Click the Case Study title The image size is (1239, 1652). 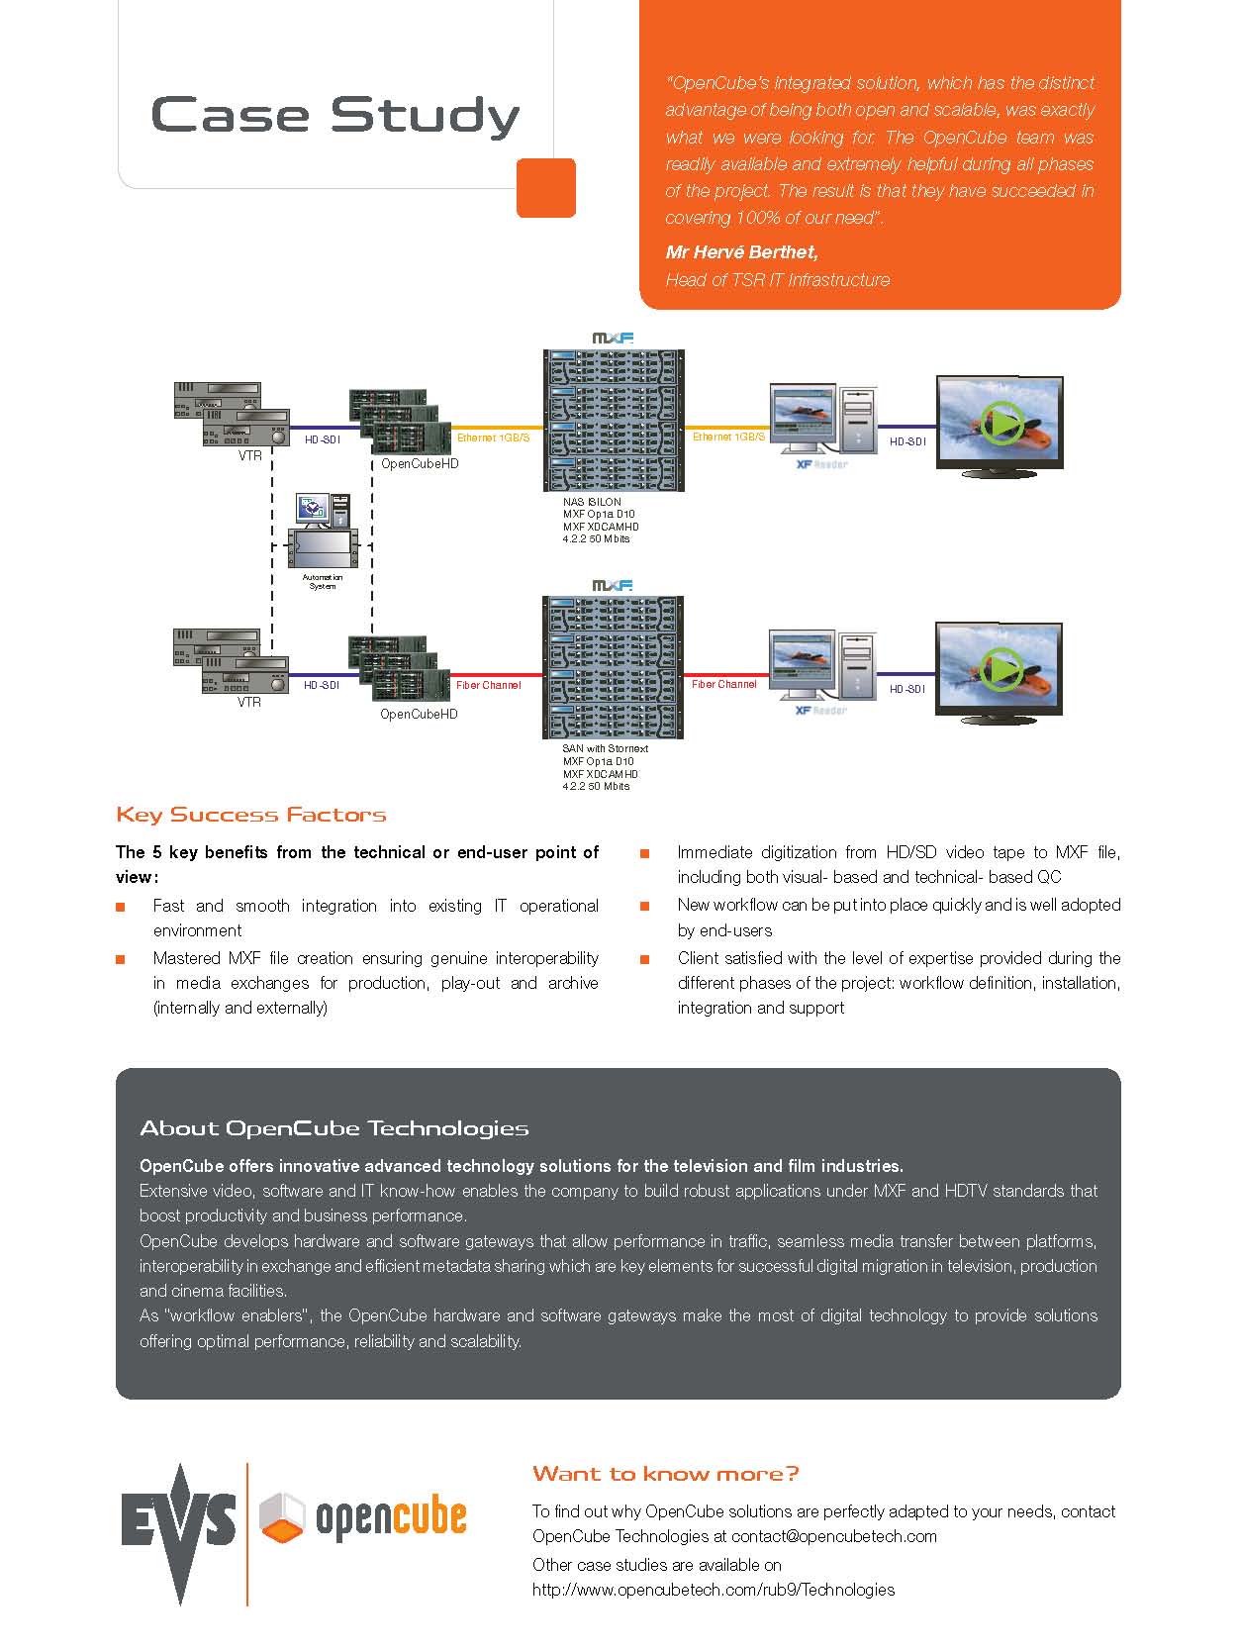point(335,117)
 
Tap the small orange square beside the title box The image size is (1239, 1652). point(546,187)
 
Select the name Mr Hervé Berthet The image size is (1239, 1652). point(741,252)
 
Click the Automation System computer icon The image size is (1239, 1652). point(323,531)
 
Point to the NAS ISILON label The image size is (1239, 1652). point(592,502)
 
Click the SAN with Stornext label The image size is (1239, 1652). point(605,749)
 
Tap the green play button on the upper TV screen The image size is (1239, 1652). point(1002,424)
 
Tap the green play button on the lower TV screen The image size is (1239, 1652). point(1002,669)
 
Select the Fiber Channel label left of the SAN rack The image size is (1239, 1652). point(488,686)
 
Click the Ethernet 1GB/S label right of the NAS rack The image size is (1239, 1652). point(728,437)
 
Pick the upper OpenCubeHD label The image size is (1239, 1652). point(420,464)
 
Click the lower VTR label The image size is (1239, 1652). point(249,702)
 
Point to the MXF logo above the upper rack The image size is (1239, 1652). point(613,338)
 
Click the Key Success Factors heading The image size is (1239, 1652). point(251,815)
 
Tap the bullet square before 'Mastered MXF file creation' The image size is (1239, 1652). point(121,959)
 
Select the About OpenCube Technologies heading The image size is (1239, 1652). point(334,1128)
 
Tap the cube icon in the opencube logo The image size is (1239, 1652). point(282,1517)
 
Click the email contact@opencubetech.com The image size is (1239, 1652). point(834,1537)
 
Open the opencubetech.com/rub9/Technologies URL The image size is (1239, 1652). point(714,1591)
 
